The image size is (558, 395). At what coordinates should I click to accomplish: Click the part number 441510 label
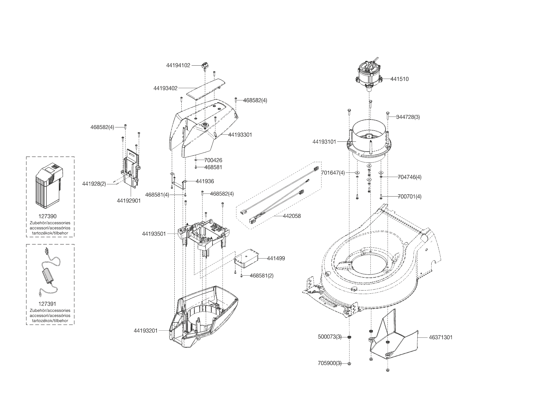pos(399,79)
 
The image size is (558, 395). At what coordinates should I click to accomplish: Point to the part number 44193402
pos(165,88)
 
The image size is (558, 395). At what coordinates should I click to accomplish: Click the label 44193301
pos(240,135)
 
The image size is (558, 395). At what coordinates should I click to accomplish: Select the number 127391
pos(47,304)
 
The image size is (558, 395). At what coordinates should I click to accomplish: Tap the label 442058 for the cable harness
pos(292,216)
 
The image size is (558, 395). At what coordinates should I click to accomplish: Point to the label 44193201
pos(146,331)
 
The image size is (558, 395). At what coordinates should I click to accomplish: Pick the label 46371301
pos(441,337)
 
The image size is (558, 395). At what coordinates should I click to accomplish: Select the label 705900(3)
pos(330,363)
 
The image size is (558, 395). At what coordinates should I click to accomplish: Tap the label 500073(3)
pos(330,337)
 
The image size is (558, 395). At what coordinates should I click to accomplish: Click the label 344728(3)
pos(408,117)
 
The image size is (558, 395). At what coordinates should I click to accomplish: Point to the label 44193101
pos(324,142)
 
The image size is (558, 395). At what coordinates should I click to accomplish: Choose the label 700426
pos(213,160)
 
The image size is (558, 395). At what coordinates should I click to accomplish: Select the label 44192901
pos(129,201)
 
